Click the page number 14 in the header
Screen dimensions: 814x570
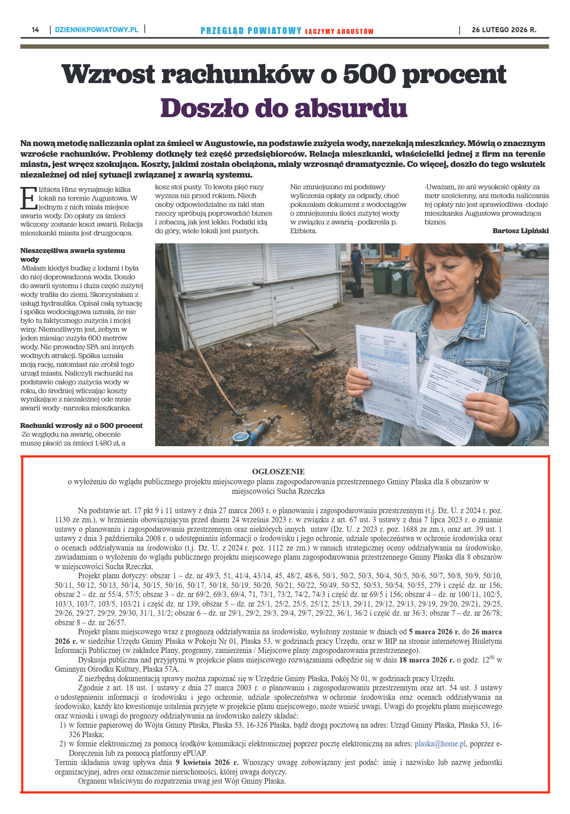pos(35,30)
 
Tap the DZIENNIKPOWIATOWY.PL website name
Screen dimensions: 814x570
pos(97,30)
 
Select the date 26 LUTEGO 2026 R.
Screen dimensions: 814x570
pos(504,30)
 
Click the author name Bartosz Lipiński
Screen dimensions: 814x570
pos(520,231)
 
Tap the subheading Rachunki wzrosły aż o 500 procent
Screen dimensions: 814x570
pos(81,425)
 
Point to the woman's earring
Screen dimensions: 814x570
pos(477,281)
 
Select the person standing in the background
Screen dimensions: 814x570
pos(356,264)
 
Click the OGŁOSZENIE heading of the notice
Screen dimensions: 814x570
pos(278,471)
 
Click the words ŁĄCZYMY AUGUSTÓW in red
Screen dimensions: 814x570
pos(339,31)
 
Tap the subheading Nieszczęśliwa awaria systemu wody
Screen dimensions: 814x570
pos(72,255)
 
